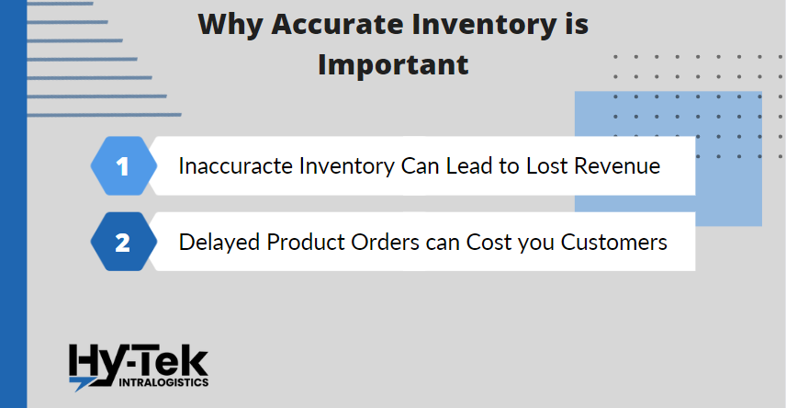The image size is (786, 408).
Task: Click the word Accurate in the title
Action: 337,24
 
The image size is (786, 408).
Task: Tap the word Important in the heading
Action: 394,64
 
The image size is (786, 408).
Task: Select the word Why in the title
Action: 230,25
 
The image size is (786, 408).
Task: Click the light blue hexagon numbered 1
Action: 123,165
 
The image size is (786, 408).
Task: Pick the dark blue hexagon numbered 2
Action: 123,242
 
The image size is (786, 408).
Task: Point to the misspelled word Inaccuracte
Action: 236,166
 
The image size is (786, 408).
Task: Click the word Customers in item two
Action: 614,243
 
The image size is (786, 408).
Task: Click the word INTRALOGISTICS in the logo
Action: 163,382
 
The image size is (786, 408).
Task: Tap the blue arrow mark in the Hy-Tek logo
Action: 80,384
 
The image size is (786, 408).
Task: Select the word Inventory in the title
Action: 484,25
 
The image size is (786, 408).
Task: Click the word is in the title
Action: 577,24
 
